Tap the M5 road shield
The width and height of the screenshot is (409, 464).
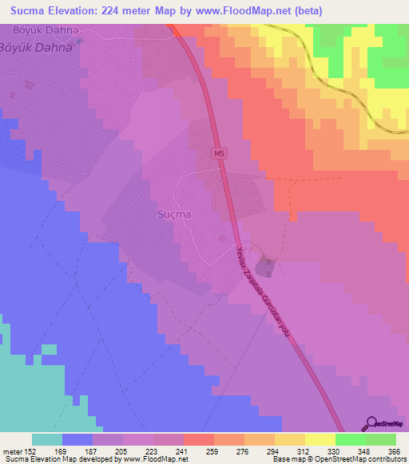pos(220,152)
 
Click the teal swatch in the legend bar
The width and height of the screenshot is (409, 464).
pos(46,439)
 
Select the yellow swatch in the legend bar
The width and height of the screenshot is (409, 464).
pos(320,439)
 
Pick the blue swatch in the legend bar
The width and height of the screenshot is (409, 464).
pos(77,439)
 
